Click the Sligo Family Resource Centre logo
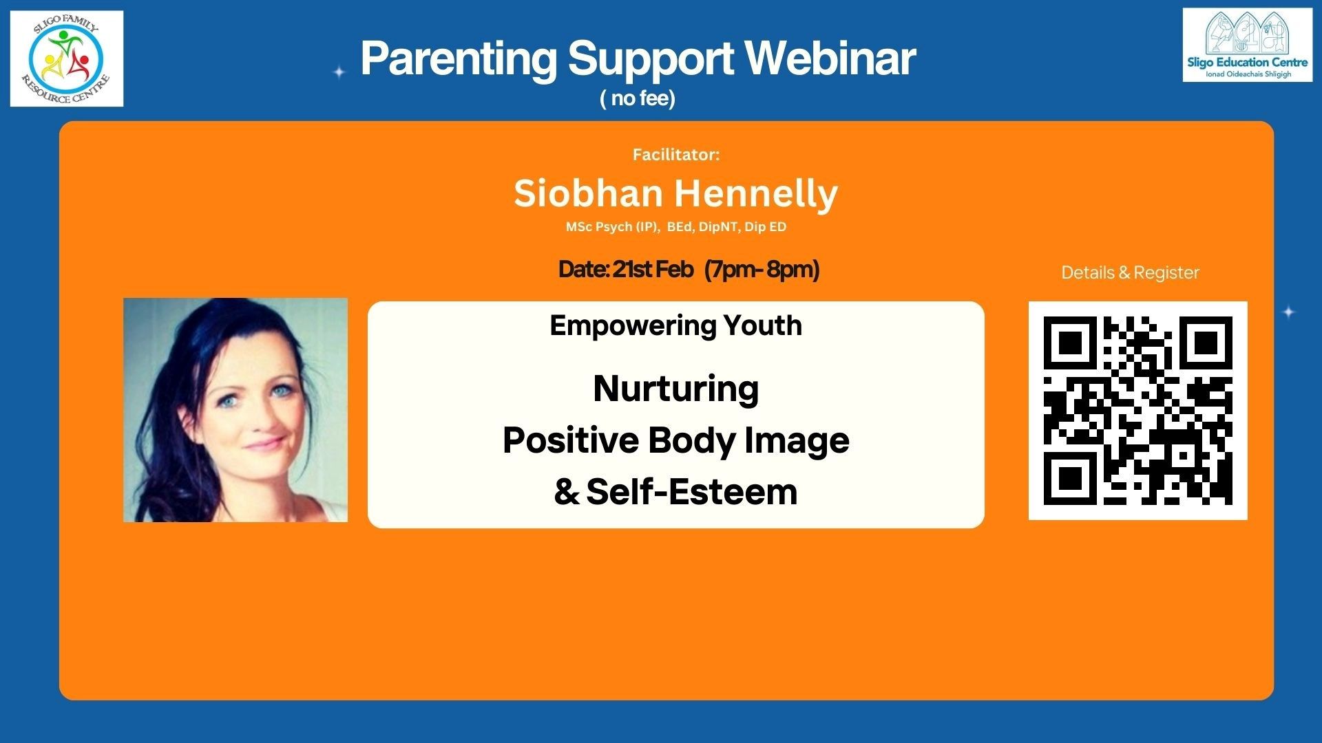[67, 58]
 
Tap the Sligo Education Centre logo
[1248, 45]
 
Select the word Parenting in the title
[459, 59]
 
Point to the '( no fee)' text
[638, 98]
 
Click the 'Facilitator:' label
[676, 155]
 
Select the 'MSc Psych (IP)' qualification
[611, 227]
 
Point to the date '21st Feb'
[653, 269]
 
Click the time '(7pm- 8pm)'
[762, 270]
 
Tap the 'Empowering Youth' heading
[675, 326]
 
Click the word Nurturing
[676, 389]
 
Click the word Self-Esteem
[692, 492]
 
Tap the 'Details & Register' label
[1130, 272]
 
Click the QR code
[1138, 411]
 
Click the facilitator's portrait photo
[235, 410]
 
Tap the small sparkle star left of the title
[339, 72]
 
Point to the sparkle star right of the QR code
[1289, 312]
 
